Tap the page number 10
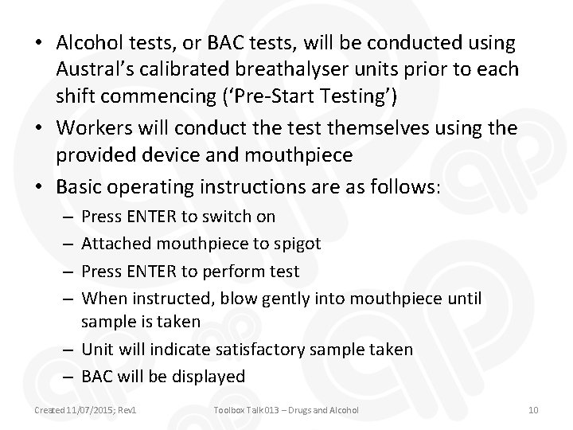point(534,409)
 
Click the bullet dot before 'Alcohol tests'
point(38,41)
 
